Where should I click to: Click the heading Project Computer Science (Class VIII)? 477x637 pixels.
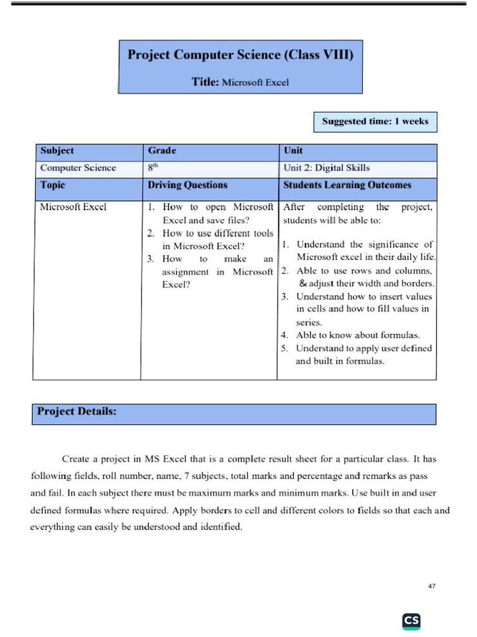pyautogui.click(x=240, y=55)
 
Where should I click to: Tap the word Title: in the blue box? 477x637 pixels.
pyautogui.click(x=205, y=82)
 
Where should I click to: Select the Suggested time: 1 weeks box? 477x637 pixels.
pyautogui.click(x=375, y=121)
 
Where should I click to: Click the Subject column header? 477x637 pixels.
pyautogui.click(x=57, y=151)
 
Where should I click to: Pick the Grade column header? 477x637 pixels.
pyautogui.click(x=162, y=151)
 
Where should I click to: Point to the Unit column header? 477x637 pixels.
pyautogui.click(x=293, y=151)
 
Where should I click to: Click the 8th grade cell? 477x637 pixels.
pyautogui.click(x=154, y=167)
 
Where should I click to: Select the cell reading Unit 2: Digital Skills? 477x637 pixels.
pyautogui.click(x=326, y=167)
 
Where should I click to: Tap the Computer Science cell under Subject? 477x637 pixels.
pyautogui.click(x=78, y=167)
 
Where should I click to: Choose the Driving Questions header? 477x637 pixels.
pyautogui.click(x=188, y=185)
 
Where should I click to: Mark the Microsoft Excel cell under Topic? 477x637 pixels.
pyautogui.click(x=73, y=207)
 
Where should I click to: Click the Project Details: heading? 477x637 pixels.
pyautogui.click(x=77, y=411)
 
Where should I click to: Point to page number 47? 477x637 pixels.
pyautogui.click(x=433, y=586)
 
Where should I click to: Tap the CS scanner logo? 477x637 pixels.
pyautogui.click(x=411, y=620)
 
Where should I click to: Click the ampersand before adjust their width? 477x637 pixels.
pyautogui.click(x=303, y=284)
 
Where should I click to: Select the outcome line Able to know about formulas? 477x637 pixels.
pyautogui.click(x=358, y=335)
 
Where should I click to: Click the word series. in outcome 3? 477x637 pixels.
pyautogui.click(x=309, y=322)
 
